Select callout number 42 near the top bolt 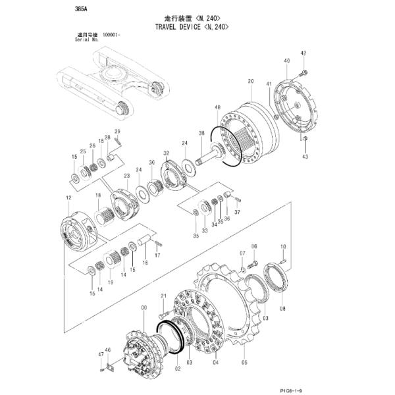pos(303,53)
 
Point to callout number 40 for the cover pos(287,61)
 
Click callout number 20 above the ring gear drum pos(250,81)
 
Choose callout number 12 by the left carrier pos(68,197)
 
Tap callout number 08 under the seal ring pos(282,307)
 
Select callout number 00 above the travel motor pos(144,307)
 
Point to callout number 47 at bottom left pos(101,354)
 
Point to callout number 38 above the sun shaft pos(201,133)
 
